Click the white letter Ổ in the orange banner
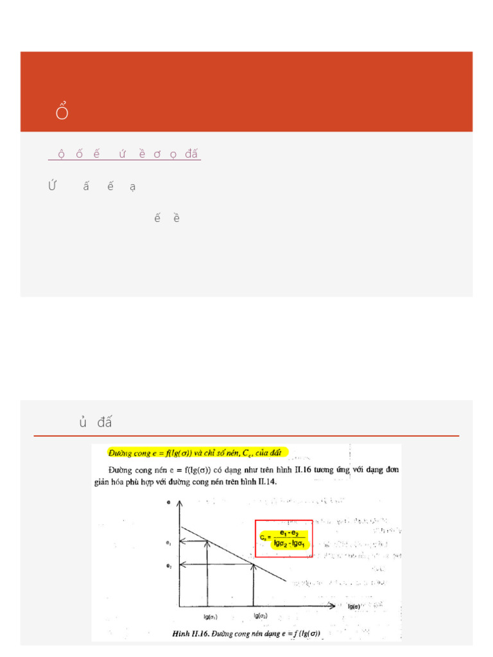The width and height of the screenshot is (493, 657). [x=62, y=112]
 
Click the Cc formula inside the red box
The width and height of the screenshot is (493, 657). [x=283, y=538]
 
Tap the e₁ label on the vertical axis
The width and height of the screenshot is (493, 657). [x=168, y=543]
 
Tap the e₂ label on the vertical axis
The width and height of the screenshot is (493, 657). [x=168, y=566]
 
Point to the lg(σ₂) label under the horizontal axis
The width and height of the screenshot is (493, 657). [x=259, y=616]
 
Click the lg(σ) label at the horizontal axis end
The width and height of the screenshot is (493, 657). [x=354, y=606]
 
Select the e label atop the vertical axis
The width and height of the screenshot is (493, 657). [x=169, y=503]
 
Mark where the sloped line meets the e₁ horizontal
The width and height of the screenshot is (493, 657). [x=207, y=542]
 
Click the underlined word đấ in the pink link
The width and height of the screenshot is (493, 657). [x=191, y=154]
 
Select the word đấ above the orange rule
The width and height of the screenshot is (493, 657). [x=105, y=422]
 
